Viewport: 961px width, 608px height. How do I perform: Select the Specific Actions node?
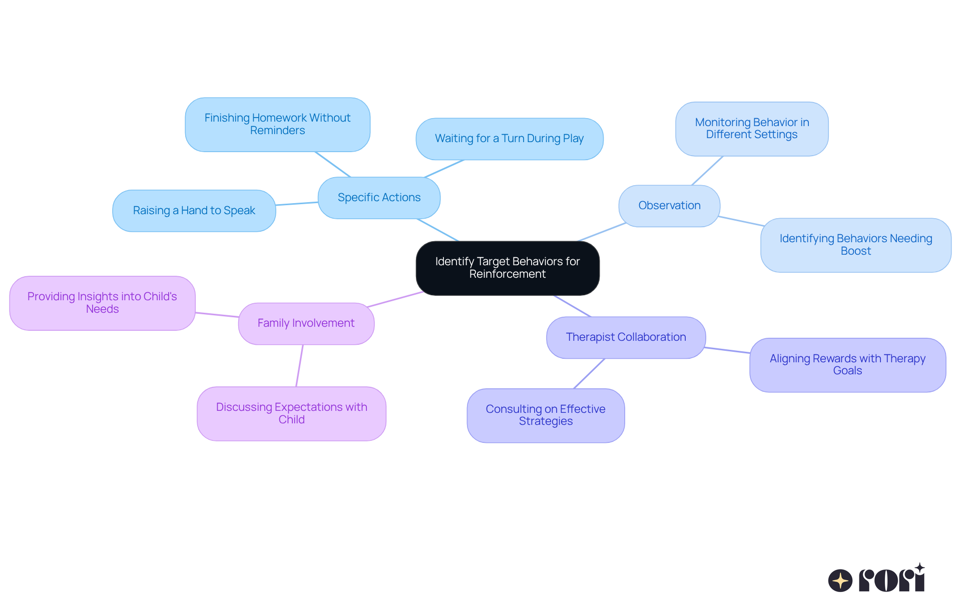[379, 198]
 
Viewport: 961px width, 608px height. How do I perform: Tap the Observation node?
[669, 206]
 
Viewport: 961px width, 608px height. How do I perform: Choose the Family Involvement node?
[306, 323]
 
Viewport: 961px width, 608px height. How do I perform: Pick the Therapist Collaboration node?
[626, 337]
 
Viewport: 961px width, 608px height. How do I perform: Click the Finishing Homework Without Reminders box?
[277, 124]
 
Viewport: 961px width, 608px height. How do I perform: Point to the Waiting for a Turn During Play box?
[509, 139]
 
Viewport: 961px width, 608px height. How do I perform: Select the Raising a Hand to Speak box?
[194, 211]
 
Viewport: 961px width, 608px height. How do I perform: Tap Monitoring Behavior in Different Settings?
[752, 129]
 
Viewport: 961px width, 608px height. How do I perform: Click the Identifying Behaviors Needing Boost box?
[855, 245]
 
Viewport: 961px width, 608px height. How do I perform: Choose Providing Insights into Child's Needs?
[102, 303]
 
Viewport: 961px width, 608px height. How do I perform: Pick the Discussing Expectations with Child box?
[291, 413]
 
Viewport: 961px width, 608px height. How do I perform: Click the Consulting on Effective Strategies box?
[546, 415]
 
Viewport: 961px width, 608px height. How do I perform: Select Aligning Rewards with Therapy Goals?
[847, 365]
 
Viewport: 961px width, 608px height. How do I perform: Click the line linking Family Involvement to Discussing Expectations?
[299, 366]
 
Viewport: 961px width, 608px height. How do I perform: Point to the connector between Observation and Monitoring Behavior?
[707, 171]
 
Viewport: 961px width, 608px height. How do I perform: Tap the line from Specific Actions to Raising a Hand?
[297, 204]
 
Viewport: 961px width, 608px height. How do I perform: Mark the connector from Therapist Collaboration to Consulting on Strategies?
[589, 373]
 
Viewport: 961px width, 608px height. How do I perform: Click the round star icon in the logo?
[840, 580]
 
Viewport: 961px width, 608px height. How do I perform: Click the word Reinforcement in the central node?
[507, 274]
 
